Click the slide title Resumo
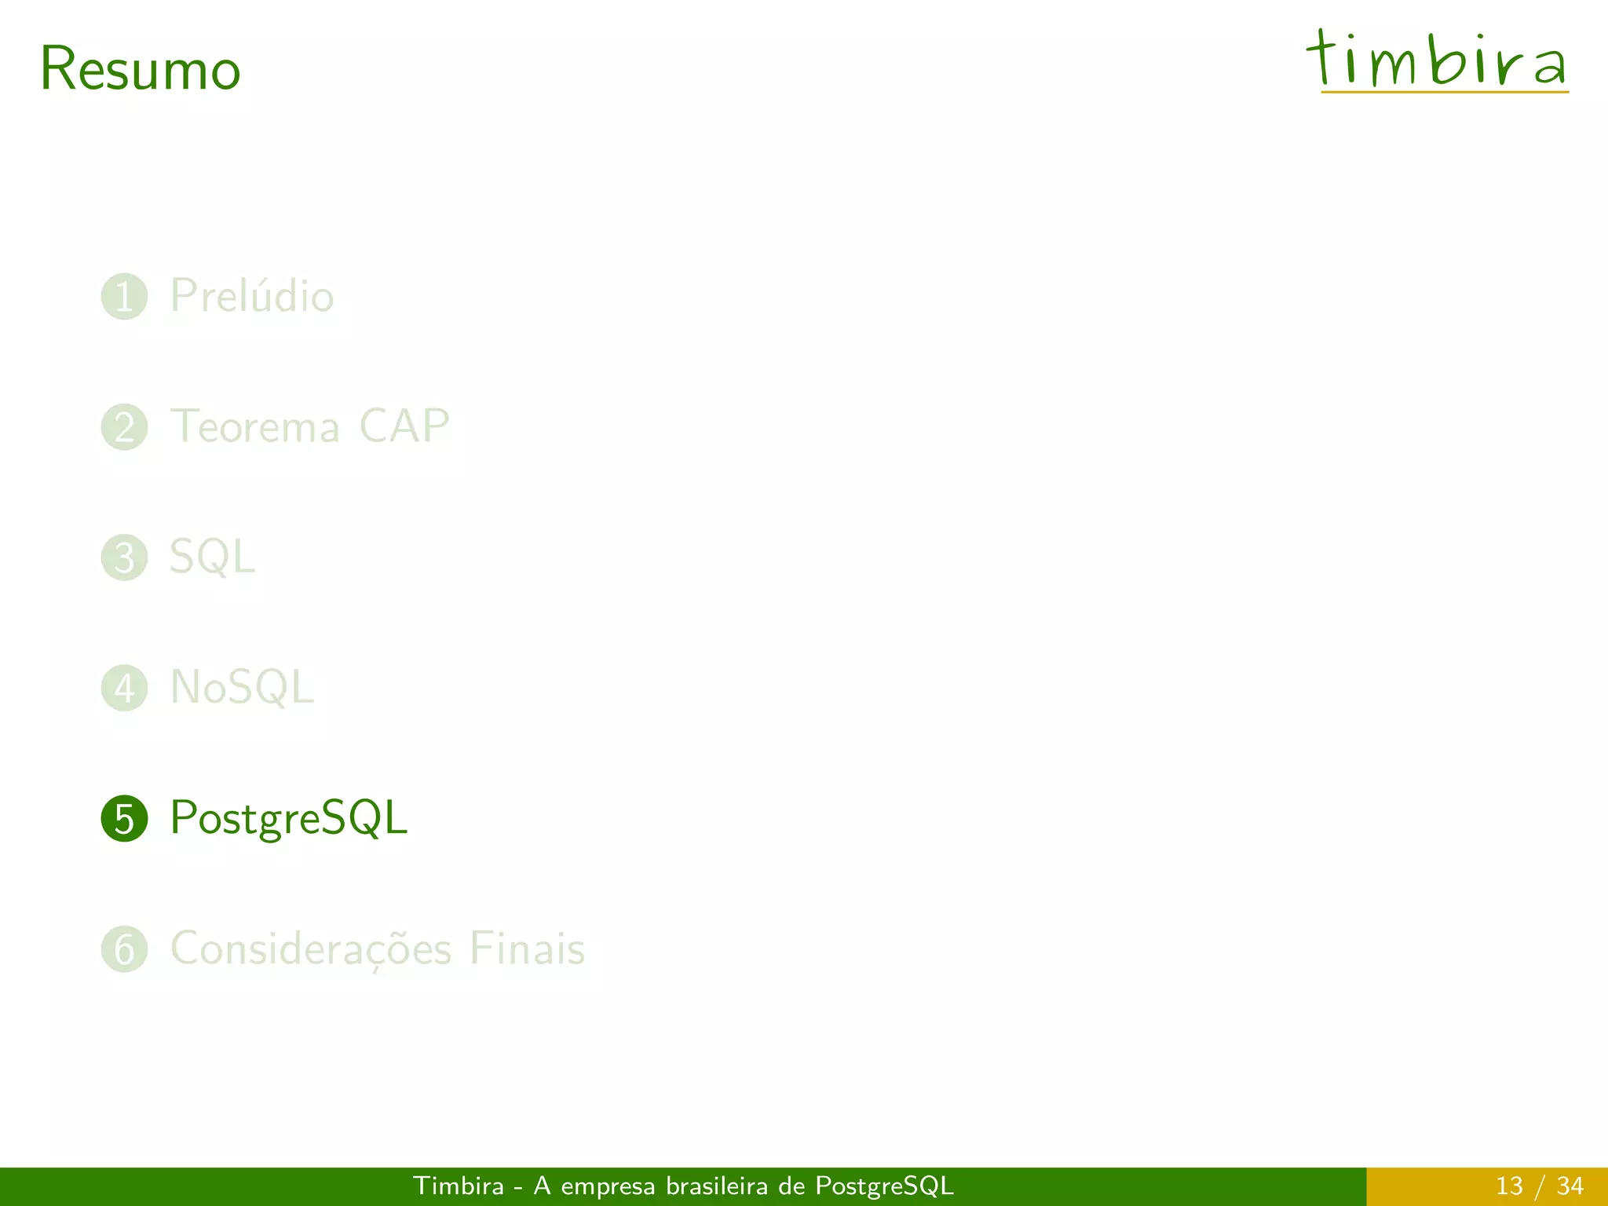pyautogui.click(x=140, y=69)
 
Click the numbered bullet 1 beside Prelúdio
pyautogui.click(x=124, y=297)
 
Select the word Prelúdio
pyautogui.click(x=252, y=296)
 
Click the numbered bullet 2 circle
pyautogui.click(x=124, y=427)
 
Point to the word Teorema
pyautogui.click(x=255, y=427)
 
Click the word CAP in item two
pyautogui.click(x=404, y=426)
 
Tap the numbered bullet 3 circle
pyautogui.click(x=124, y=557)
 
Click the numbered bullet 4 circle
pyautogui.click(x=124, y=688)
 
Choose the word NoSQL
pyautogui.click(x=242, y=688)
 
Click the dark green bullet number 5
pyautogui.click(x=124, y=818)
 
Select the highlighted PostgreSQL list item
pyautogui.click(x=288, y=818)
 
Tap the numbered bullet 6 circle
pyautogui.click(x=124, y=949)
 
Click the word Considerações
pyautogui.click(x=311, y=949)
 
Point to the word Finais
pyautogui.click(x=527, y=948)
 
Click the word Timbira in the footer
pyautogui.click(x=459, y=1186)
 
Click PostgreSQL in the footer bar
pyautogui.click(x=884, y=1186)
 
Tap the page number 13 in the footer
pyautogui.click(x=1509, y=1186)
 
